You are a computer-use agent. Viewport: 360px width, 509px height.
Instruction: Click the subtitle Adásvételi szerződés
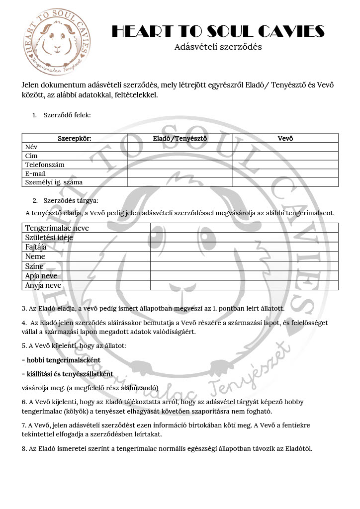tap(218, 47)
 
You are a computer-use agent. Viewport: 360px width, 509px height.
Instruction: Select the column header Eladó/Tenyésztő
tap(180, 138)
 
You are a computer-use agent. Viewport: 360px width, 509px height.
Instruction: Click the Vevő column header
tap(285, 138)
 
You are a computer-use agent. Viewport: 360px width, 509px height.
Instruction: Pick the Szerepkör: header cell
tap(75, 138)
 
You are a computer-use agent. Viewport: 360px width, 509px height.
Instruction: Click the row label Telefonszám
tap(45, 165)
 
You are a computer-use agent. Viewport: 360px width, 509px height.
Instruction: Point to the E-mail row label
tap(36, 173)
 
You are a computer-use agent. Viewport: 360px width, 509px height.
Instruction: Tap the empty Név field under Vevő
tap(285, 147)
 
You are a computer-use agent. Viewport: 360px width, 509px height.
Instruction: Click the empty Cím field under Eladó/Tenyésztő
tap(180, 156)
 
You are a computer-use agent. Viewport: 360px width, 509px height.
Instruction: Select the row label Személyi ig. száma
tap(54, 182)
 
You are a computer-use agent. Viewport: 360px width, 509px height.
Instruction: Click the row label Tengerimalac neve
tap(57, 228)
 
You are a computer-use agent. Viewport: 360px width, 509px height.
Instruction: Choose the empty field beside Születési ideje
tap(244, 238)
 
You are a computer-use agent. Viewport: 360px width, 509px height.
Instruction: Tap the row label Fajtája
tap(36, 247)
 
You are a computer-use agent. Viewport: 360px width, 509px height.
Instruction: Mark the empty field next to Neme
tap(244, 256)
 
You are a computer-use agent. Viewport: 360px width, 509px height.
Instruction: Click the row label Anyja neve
tap(43, 285)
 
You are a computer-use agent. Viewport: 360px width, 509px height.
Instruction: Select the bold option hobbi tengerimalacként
tap(61, 360)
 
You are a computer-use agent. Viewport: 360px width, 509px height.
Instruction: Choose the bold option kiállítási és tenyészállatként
tap(68, 374)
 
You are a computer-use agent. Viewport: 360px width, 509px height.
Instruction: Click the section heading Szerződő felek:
tap(67, 115)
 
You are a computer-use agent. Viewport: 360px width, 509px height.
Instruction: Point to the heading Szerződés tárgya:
tap(71, 201)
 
